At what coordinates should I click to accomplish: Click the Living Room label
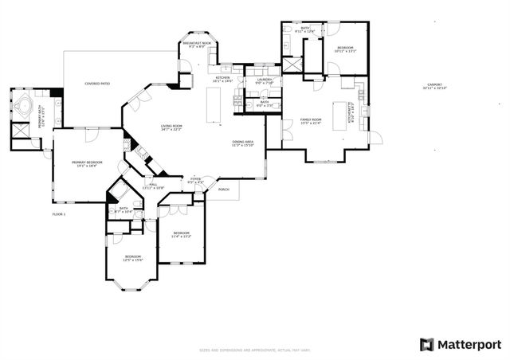pos(171,127)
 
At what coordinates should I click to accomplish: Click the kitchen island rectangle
pos(213,105)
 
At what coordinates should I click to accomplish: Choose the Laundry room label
pos(265,80)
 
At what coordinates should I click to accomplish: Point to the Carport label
pos(434,86)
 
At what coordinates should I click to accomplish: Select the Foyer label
pos(195,182)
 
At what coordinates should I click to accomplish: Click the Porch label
pos(223,190)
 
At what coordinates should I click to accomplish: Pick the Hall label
pos(153,186)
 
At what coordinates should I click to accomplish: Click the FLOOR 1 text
pos(59,214)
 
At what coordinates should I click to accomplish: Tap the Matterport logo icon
pos(426,344)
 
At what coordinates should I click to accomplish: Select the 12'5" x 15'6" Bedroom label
pos(131,258)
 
